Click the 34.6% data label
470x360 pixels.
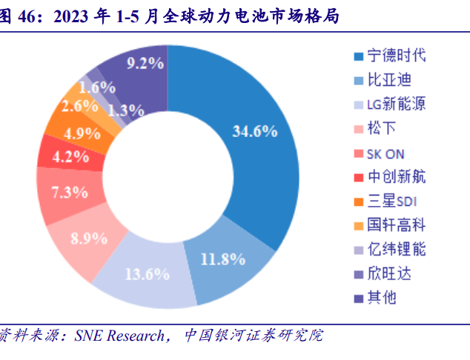pos(254,132)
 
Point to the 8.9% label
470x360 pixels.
pos(87,239)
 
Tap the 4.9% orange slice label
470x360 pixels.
pos(82,133)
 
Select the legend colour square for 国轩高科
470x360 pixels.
pos(358,225)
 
